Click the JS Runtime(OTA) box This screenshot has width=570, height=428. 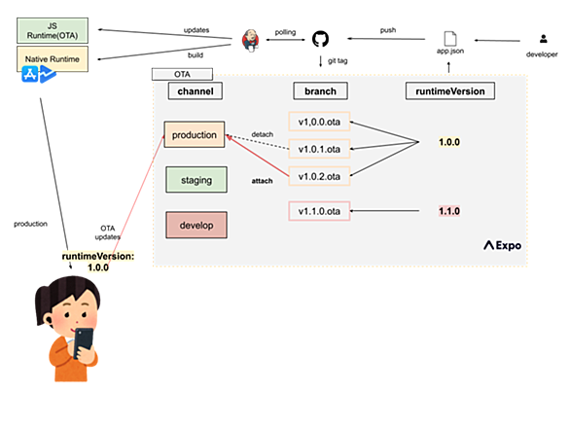pyautogui.click(x=53, y=30)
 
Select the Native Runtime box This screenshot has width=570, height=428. pyautogui.click(x=53, y=58)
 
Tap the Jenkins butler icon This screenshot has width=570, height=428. pyautogui.click(x=250, y=40)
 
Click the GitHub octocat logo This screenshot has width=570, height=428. pyautogui.click(x=320, y=39)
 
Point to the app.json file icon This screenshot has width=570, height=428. pyautogui.click(x=450, y=39)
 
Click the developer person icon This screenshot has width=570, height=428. pyautogui.click(x=543, y=39)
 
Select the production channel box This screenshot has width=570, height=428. pyautogui.click(x=195, y=134)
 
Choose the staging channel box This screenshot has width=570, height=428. pyautogui.click(x=196, y=180)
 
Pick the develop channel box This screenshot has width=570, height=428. pyautogui.click(x=196, y=225)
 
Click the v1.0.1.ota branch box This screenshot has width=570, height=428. pyautogui.click(x=319, y=149)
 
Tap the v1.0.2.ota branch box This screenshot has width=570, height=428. pyautogui.click(x=319, y=176)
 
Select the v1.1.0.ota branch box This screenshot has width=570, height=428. pyautogui.click(x=319, y=211)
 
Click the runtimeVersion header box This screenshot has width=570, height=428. pyautogui.click(x=450, y=90)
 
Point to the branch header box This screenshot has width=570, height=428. pyautogui.click(x=320, y=90)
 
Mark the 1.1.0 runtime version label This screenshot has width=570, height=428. pyautogui.click(x=449, y=211)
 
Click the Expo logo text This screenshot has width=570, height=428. pyautogui.click(x=502, y=245)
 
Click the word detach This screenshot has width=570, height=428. pyautogui.click(x=262, y=134)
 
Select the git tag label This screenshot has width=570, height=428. pyautogui.click(x=338, y=60)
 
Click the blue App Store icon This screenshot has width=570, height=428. pyautogui.click(x=30, y=74)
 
